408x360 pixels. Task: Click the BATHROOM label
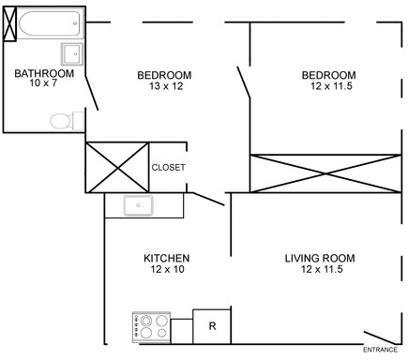point(44,74)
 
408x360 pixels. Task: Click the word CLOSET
point(168,168)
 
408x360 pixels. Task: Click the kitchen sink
point(140,204)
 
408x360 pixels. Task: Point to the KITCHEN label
point(167,258)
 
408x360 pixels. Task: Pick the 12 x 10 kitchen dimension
point(167,270)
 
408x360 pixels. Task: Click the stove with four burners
point(151,327)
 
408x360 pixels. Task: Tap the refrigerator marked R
point(212,326)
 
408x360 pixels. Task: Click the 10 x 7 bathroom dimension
point(44,86)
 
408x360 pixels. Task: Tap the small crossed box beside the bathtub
point(10,26)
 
